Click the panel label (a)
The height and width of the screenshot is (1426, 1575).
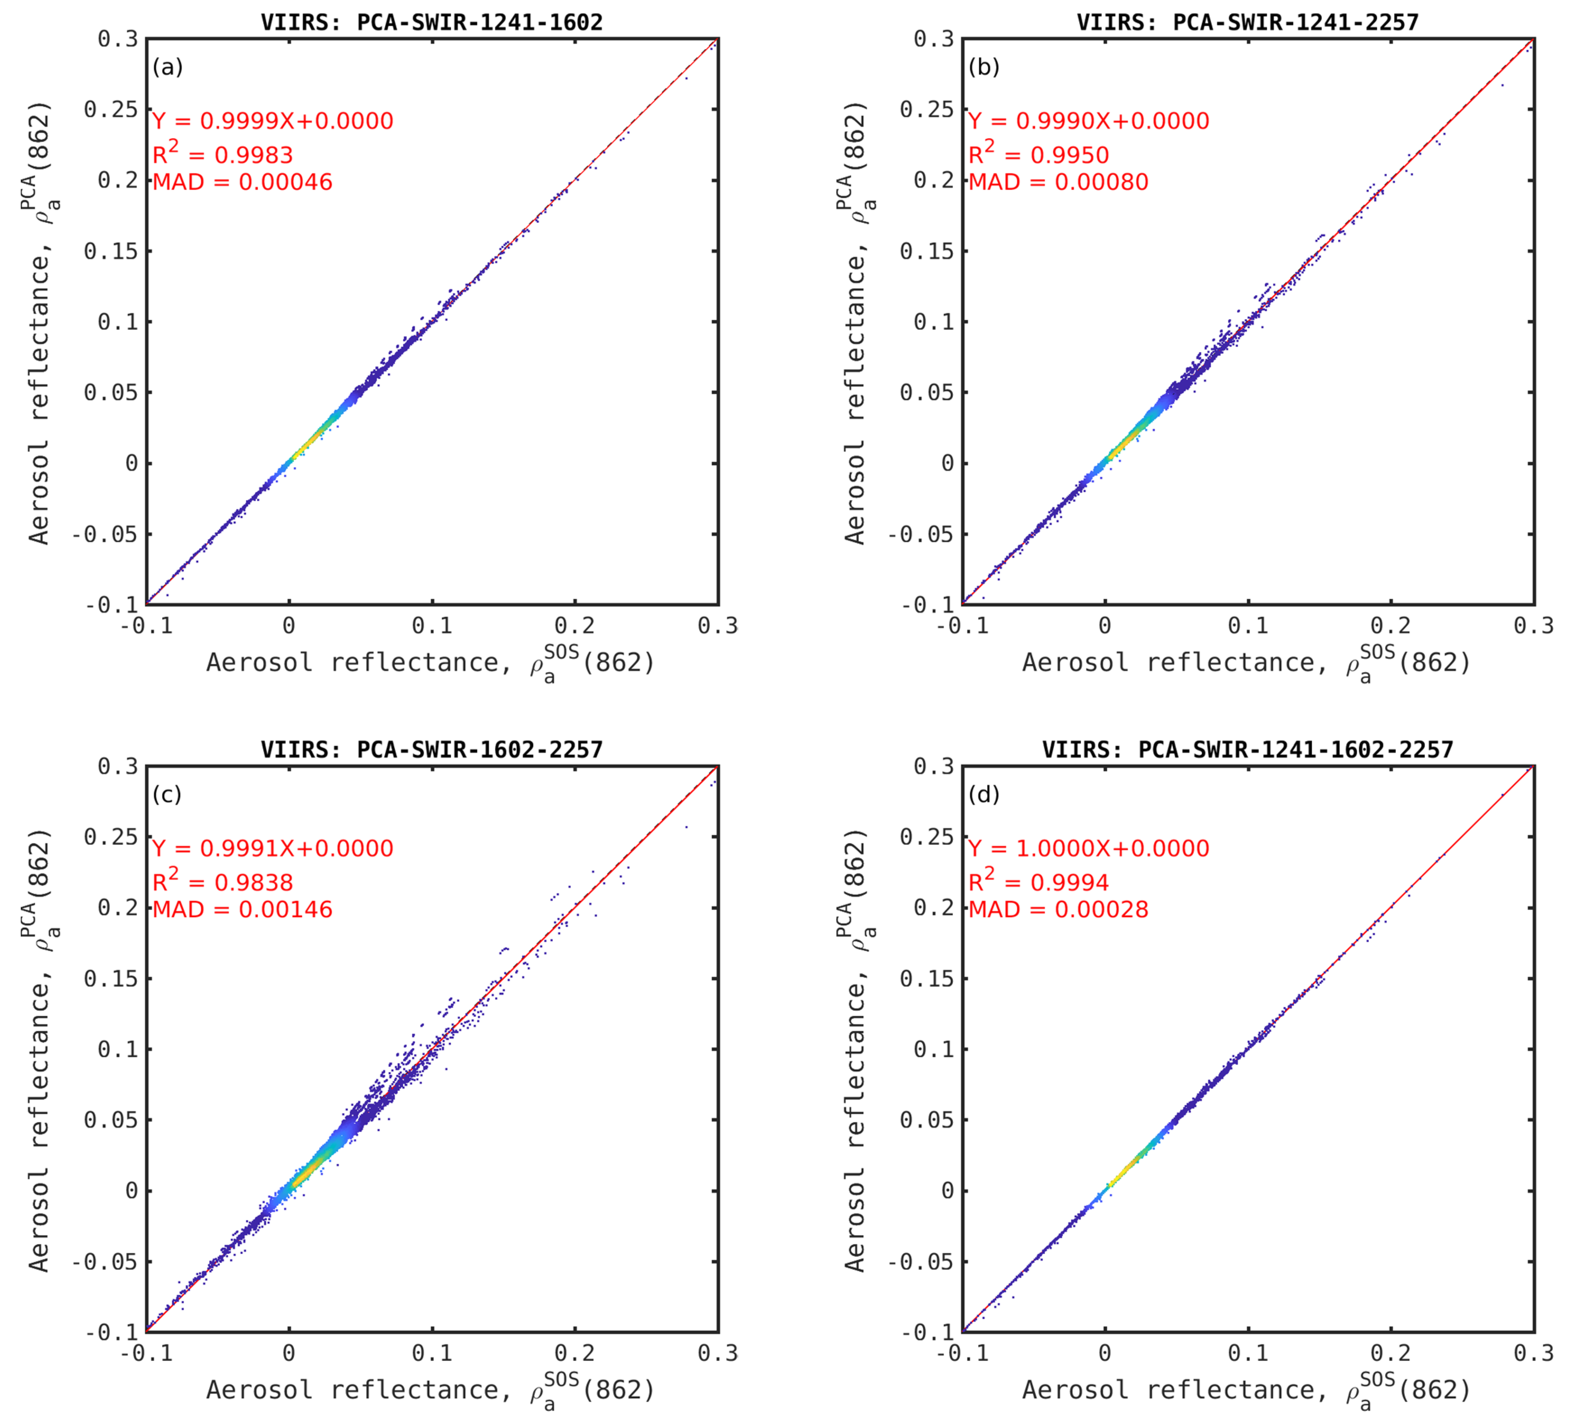click(x=167, y=67)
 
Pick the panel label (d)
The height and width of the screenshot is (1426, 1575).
click(x=984, y=795)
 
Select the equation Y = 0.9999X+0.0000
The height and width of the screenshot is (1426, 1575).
click(x=273, y=121)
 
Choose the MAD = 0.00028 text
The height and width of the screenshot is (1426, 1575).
click(x=1058, y=910)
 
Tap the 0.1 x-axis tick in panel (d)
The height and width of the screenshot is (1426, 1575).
click(x=1248, y=1353)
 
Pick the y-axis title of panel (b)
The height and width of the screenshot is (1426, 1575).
click(x=859, y=322)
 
